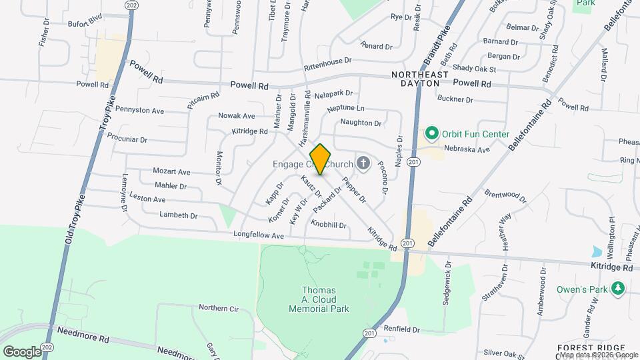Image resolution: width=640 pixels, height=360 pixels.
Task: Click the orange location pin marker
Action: [x=320, y=159]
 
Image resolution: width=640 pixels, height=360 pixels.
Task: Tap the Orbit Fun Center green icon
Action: [x=431, y=134]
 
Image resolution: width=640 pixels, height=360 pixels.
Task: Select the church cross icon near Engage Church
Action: [x=363, y=163]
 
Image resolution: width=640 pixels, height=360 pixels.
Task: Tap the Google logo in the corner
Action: [x=22, y=351]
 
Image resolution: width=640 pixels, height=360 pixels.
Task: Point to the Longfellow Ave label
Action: [x=259, y=235]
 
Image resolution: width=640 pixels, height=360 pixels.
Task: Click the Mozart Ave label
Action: [x=171, y=171]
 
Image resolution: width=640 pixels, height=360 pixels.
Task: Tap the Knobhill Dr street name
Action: [x=329, y=225]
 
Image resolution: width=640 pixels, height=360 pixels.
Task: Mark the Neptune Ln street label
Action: [x=346, y=108]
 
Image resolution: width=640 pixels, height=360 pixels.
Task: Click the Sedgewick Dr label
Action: [x=448, y=283]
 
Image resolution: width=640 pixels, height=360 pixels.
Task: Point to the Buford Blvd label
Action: [x=85, y=23]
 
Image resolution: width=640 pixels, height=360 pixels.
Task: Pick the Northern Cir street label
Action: [x=219, y=308]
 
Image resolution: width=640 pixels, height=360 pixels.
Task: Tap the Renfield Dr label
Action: [x=401, y=329]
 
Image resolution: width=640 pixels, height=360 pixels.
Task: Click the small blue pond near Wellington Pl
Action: [x=595, y=252]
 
